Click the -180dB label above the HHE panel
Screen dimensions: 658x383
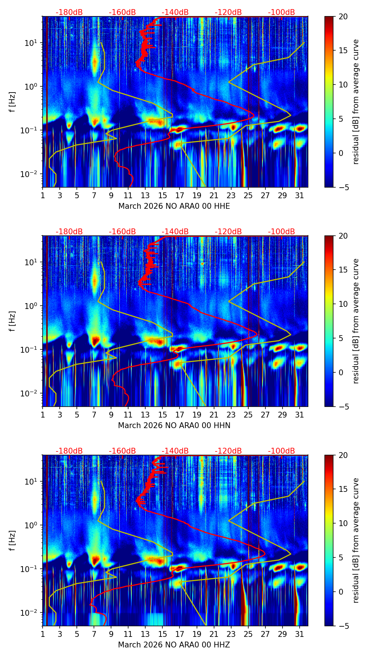(69, 12)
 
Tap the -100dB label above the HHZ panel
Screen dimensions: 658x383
(281, 451)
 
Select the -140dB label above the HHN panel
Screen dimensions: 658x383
(175, 232)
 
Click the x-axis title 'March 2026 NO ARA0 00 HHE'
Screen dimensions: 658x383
(174, 206)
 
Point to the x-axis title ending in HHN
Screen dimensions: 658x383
(174, 426)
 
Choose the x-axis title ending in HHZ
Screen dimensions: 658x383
(174, 645)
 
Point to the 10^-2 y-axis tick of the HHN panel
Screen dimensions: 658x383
(31, 393)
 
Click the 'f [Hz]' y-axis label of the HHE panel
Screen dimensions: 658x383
(13, 102)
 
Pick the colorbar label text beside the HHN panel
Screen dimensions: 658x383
(356, 321)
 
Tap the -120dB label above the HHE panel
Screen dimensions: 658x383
(228, 12)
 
